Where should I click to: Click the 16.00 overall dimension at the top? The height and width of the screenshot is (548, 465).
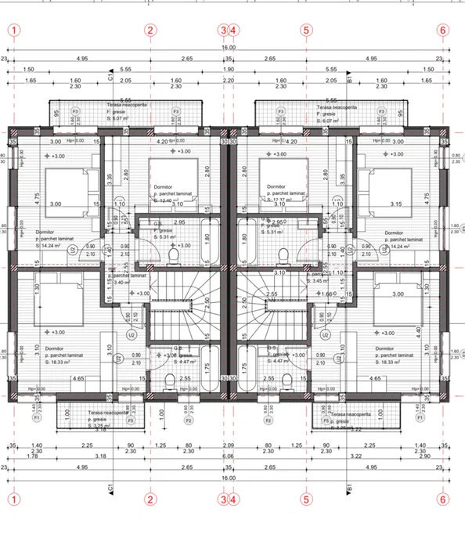[228, 48]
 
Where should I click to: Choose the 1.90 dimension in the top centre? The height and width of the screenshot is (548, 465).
[228, 69]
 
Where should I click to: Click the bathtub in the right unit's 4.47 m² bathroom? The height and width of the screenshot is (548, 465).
[244, 366]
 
